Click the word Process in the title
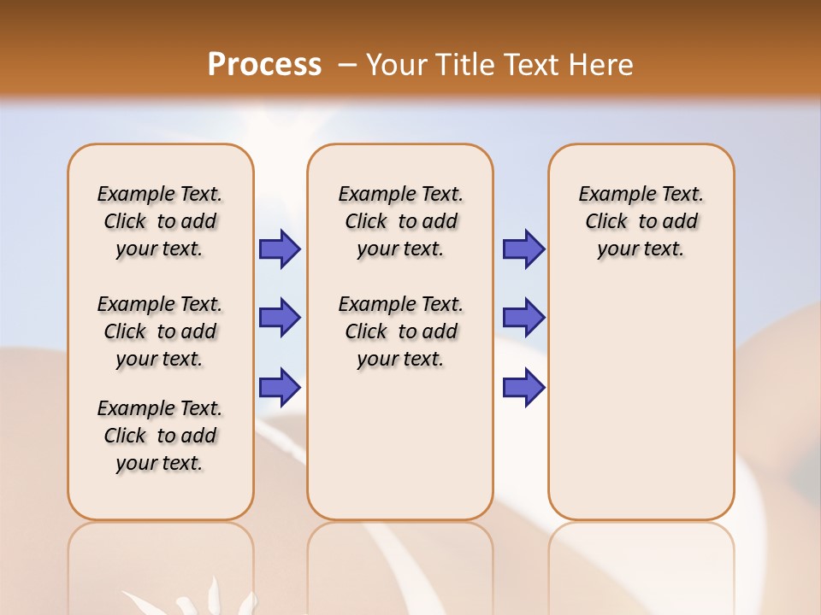point(264,65)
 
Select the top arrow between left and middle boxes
point(280,249)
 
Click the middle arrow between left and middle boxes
point(280,318)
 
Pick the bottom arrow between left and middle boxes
point(280,388)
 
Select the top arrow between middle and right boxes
point(523,249)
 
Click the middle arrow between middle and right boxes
point(523,318)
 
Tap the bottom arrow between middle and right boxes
point(523,388)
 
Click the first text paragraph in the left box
point(160,221)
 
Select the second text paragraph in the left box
point(160,331)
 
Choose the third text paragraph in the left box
point(160,436)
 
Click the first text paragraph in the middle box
point(401,221)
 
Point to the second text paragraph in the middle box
point(401,331)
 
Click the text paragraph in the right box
point(641,221)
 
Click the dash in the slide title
point(347,65)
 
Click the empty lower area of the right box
point(641,401)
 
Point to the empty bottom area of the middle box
point(400,453)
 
